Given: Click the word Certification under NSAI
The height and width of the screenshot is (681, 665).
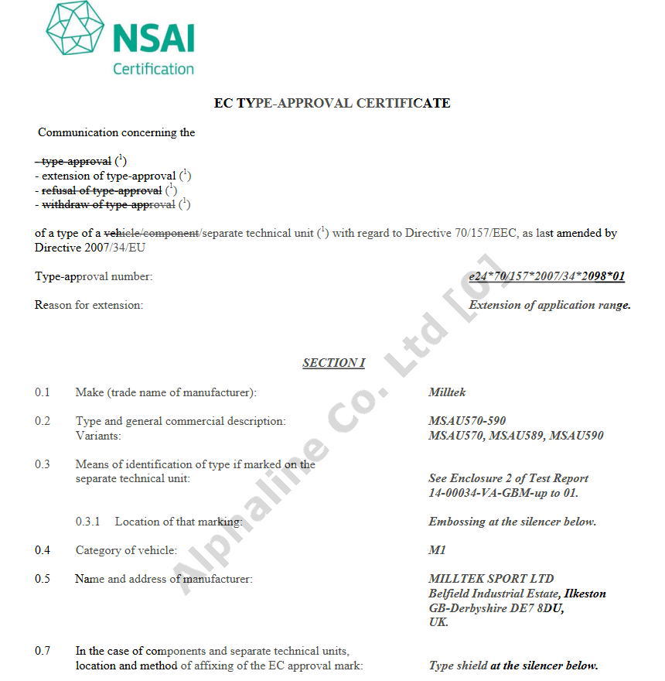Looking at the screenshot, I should click(153, 69).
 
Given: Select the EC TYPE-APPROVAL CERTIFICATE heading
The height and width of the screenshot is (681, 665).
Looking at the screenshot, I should click(332, 103).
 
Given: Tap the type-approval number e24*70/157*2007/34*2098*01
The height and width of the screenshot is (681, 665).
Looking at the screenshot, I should click(547, 276).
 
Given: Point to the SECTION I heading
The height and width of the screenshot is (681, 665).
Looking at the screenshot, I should click(333, 363).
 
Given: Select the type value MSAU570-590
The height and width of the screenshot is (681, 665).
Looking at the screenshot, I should click(467, 421).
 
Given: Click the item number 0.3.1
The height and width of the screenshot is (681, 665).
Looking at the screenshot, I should click(88, 522).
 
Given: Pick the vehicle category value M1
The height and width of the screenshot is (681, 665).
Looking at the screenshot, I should click(437, 550).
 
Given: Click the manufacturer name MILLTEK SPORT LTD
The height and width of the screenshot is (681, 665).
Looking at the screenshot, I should click(491, 579).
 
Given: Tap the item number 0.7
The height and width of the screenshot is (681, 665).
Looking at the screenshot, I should click(43, 651).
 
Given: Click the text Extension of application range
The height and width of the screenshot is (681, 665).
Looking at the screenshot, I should click(550, 305).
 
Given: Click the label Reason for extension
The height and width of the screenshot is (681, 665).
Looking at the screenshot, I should click(89, 305).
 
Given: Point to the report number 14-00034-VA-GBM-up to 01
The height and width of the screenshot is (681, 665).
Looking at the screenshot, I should click(503, 493).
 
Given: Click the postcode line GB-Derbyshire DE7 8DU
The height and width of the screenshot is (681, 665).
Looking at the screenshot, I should click(496, 608).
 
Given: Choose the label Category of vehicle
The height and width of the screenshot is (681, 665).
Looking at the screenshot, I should click(126, 550).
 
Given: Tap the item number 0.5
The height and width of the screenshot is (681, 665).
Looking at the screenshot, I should click(43, 579).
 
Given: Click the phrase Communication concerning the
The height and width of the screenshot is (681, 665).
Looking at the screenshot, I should click(116, 132).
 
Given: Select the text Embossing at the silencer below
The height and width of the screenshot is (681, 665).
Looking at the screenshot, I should click(512, 522).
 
